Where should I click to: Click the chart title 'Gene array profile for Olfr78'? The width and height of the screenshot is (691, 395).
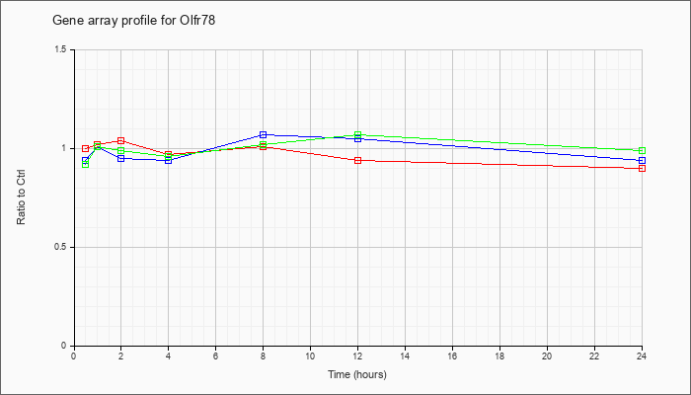[x=134, y=21]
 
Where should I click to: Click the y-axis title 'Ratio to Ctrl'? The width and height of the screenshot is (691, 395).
[x=21, y=197]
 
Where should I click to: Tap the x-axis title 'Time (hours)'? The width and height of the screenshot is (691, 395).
[x=357, y=374]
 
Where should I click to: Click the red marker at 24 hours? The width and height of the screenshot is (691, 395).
[x=642, y=169]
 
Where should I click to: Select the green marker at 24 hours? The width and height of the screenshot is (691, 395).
[x=642, y=151]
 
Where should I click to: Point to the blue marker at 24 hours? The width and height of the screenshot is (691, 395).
[x=642, y=160]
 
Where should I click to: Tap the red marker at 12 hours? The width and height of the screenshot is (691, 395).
[x=357, y=160]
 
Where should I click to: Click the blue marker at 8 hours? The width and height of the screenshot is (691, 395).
[x=264, y=134]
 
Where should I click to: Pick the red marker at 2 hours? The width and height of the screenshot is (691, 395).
[x=120, y=140]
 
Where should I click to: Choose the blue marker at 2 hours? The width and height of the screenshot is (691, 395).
[x=120, y=158]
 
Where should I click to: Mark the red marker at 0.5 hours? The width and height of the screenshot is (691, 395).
[x=86, y=148]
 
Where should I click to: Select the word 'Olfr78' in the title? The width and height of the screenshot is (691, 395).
[x=197, y=21]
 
